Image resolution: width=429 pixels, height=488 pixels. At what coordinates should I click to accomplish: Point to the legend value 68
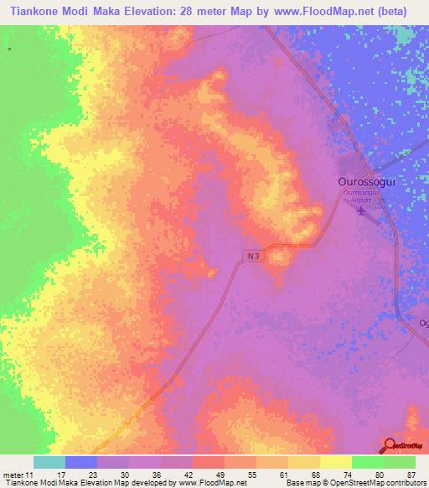coord(313,474)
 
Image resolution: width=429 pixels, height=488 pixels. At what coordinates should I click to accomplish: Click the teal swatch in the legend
coord(49,462)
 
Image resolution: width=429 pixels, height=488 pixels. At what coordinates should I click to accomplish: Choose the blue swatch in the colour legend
coord(81,462)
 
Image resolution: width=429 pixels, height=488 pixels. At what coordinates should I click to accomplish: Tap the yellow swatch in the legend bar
coord(336,462)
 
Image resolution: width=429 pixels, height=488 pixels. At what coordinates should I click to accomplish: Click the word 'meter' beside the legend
coord(13,474)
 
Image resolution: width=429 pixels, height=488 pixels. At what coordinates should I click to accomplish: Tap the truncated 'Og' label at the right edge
coord(423,323)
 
